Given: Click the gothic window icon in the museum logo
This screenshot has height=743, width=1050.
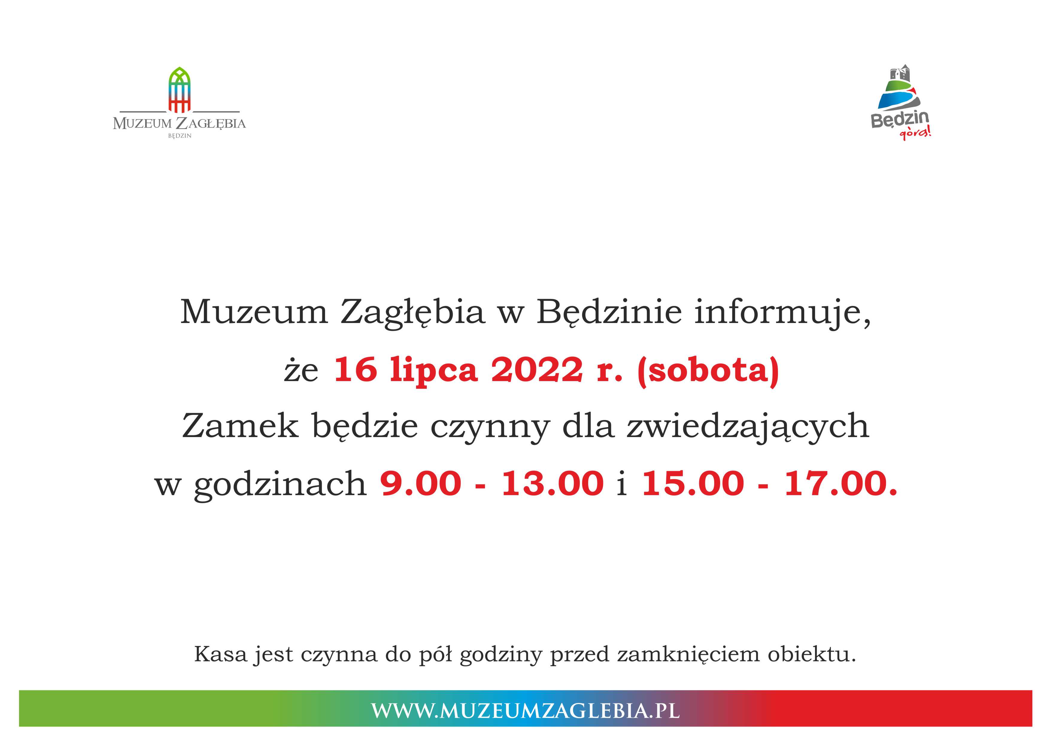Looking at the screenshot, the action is [180, 90].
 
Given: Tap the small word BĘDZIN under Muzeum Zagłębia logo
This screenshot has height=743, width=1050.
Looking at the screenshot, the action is [180, 136].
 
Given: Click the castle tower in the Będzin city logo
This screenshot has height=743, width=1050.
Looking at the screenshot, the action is [899, 73].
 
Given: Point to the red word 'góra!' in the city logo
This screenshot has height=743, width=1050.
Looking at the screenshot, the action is [915, 133].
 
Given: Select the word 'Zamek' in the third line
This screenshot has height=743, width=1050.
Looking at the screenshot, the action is [241, 426].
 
